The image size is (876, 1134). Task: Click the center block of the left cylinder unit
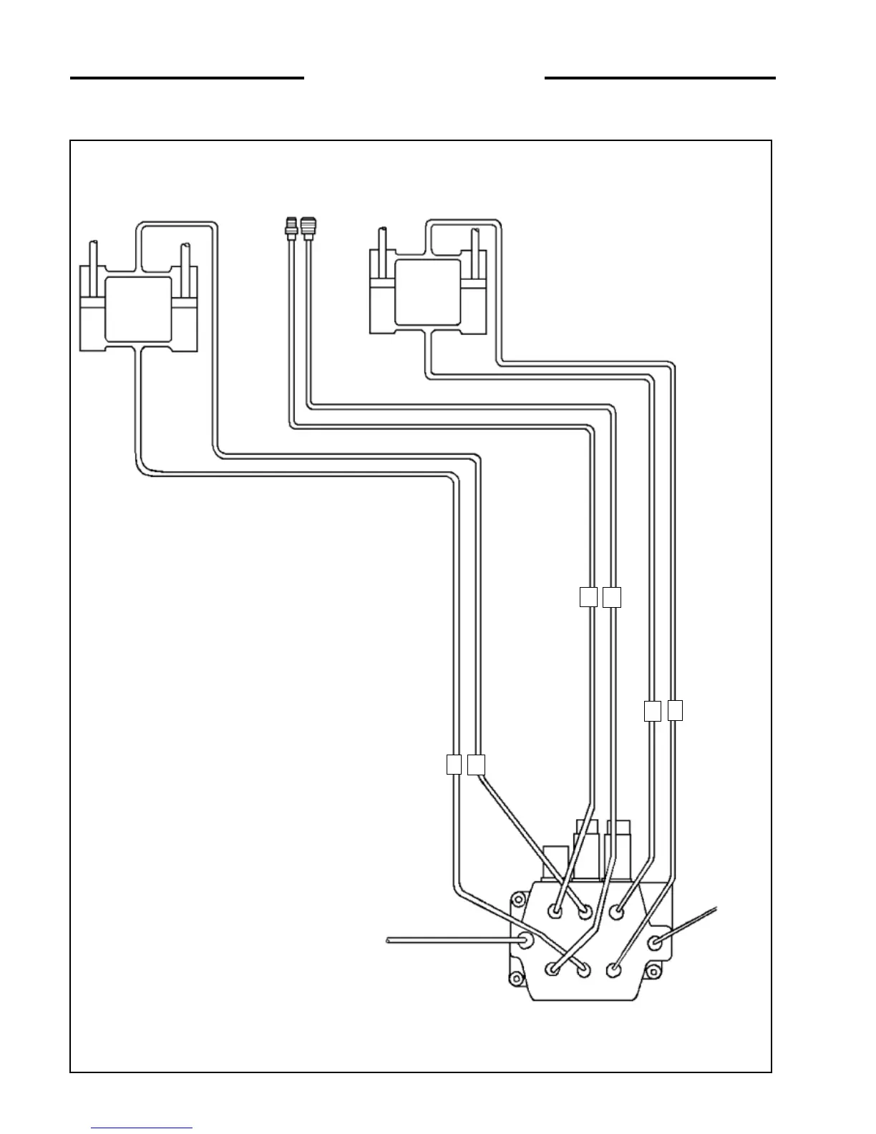tap(138, 309)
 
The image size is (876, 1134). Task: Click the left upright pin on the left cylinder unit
tap(93, 262)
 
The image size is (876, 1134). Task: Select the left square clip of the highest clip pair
tap(588, 597)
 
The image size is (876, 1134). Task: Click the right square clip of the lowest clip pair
tap(477, 765)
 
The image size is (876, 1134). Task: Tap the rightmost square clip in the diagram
tap(675, 710)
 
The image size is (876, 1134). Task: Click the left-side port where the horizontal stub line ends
tap(526, 940)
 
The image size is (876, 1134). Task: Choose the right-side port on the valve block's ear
tap(655, 943)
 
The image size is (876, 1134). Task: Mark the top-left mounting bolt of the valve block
tap(517, 899)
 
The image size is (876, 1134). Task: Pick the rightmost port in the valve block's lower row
tap(613, 970)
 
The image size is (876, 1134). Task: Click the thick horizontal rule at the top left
tap(187, 77)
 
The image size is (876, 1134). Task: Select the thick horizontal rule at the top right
tap(660, 77)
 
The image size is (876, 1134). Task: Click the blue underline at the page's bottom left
tap(142, 1129)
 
